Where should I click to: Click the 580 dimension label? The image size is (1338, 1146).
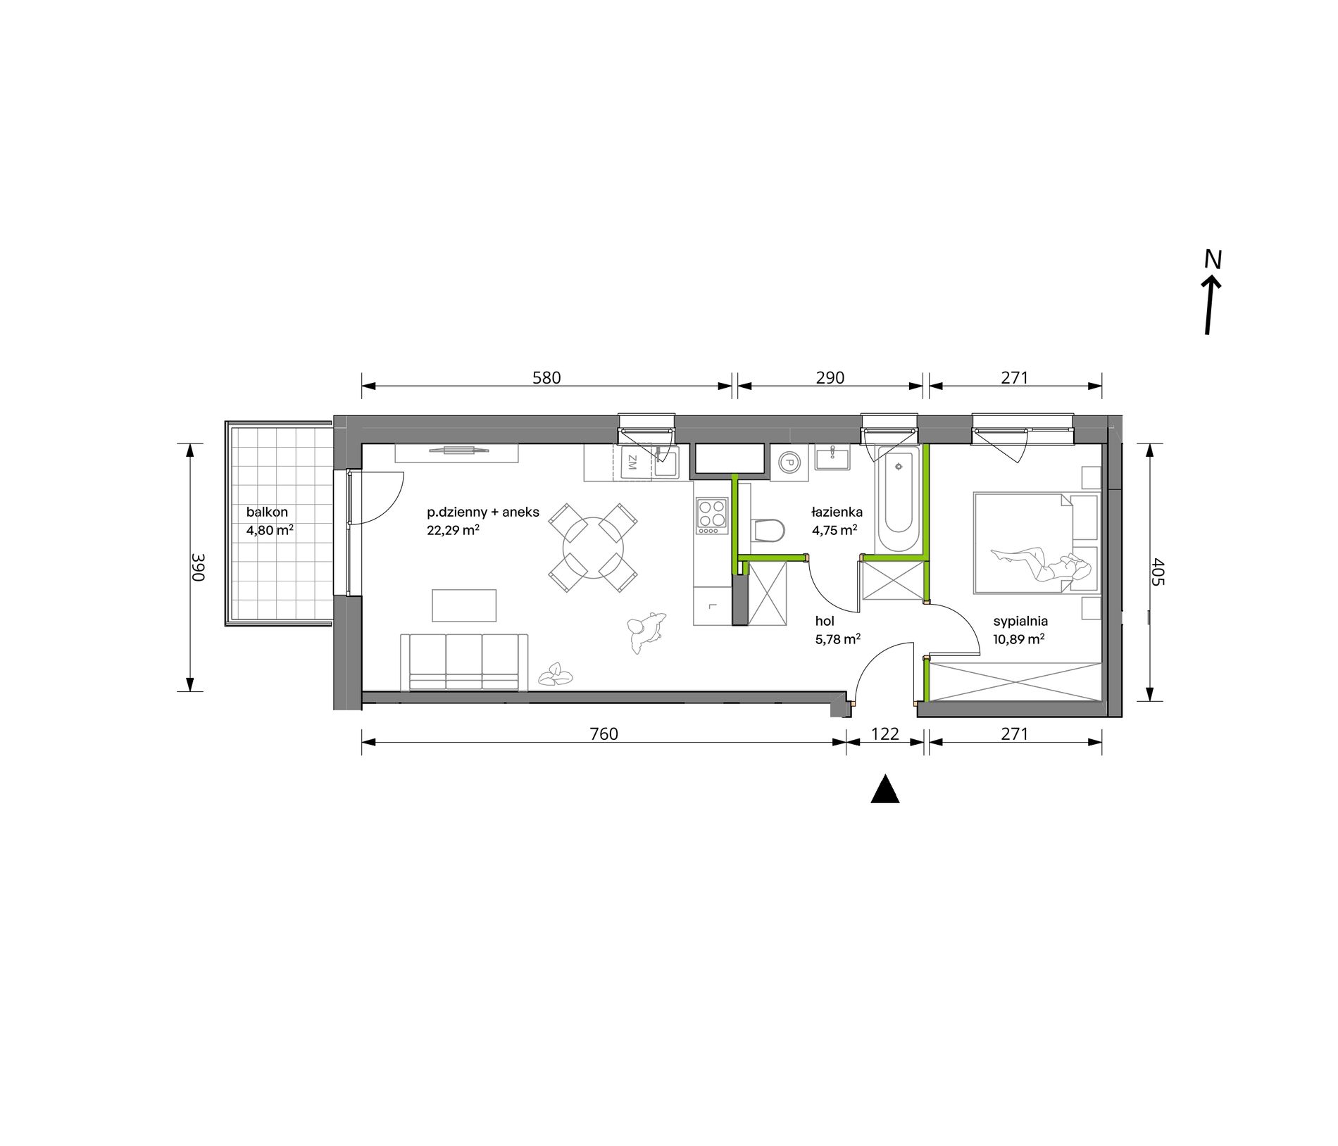pos(546,378)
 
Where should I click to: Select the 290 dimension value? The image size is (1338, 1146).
pos(830,378)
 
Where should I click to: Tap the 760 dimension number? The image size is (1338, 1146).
pos(604,734)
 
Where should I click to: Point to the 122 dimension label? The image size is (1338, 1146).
pos(885,734)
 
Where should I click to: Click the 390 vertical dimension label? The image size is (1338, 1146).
pos(198,567)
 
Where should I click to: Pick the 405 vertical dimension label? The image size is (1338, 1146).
pos(1159,572)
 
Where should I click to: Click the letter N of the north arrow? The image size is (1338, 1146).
pos(1212,260)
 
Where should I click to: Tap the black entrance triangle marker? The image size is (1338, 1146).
pos(885,789)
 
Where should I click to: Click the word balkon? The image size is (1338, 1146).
pos(267,512)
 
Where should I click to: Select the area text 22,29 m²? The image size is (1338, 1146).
pos(454,531)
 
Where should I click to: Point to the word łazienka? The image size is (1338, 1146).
pos(837,512)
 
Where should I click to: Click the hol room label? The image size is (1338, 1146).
pos(825,621)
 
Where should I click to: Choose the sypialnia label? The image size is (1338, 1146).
pos(1020,622)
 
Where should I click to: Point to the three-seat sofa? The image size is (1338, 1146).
pos(464,662)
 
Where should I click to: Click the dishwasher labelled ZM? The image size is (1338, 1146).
pos(632,463)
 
